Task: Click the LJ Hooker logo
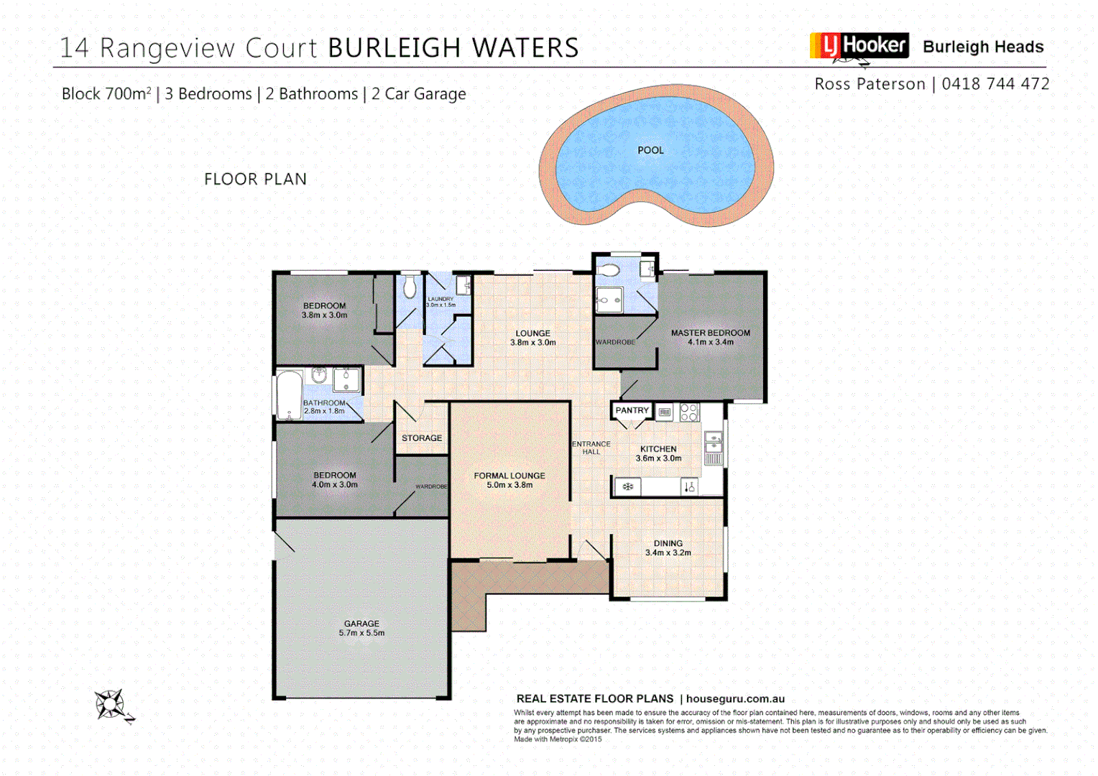(859, 46)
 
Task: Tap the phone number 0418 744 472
(995, 84)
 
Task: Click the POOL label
(650, 150)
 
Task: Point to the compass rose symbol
(111, 704)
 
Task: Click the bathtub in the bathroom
(290, 394)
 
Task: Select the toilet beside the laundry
(410, 287)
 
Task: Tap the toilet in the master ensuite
(609, 270)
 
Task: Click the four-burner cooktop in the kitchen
(688, 412)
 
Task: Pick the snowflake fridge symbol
(627, 487)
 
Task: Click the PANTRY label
(632, 410)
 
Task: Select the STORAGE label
(422, 438)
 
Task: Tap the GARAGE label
(361, 624)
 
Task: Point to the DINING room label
(668, 543)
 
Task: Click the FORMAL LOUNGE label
(509, 476)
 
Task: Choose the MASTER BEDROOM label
(710, 333)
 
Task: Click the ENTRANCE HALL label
(591, 448)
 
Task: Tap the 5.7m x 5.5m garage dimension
(361, 633)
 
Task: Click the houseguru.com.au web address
(735, 698)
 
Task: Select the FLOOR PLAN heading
(255, 179)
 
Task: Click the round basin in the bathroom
(319, 375)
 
